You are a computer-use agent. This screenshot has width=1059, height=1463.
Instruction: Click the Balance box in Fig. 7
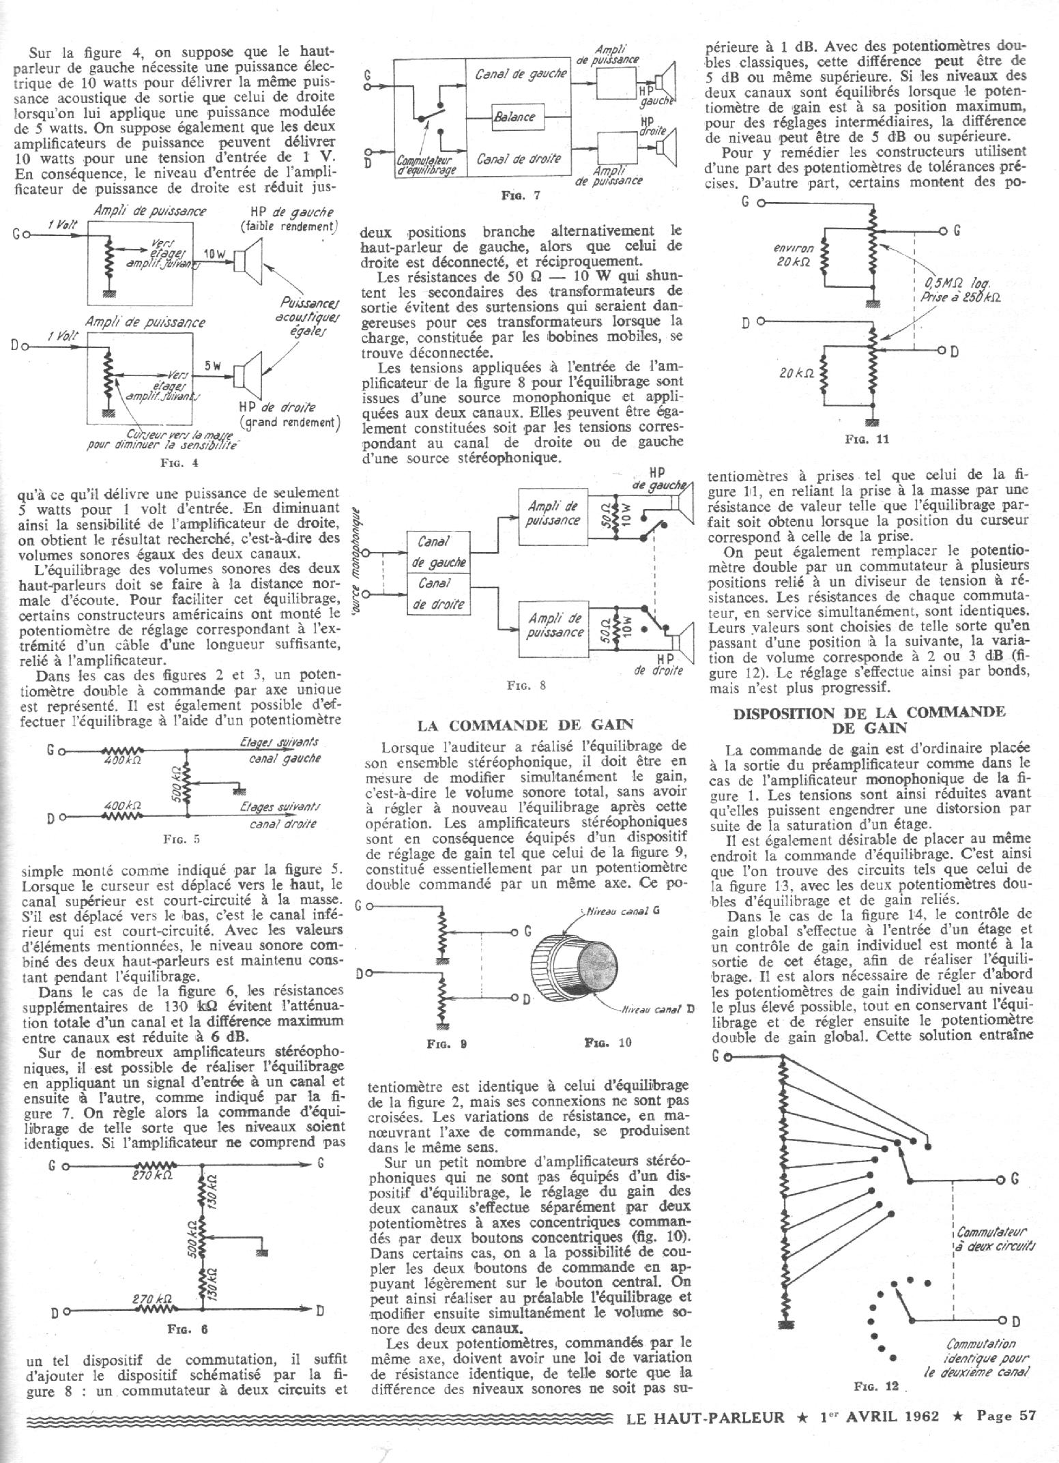[514, 117]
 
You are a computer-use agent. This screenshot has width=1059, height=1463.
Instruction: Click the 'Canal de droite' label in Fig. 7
[519, 159]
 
